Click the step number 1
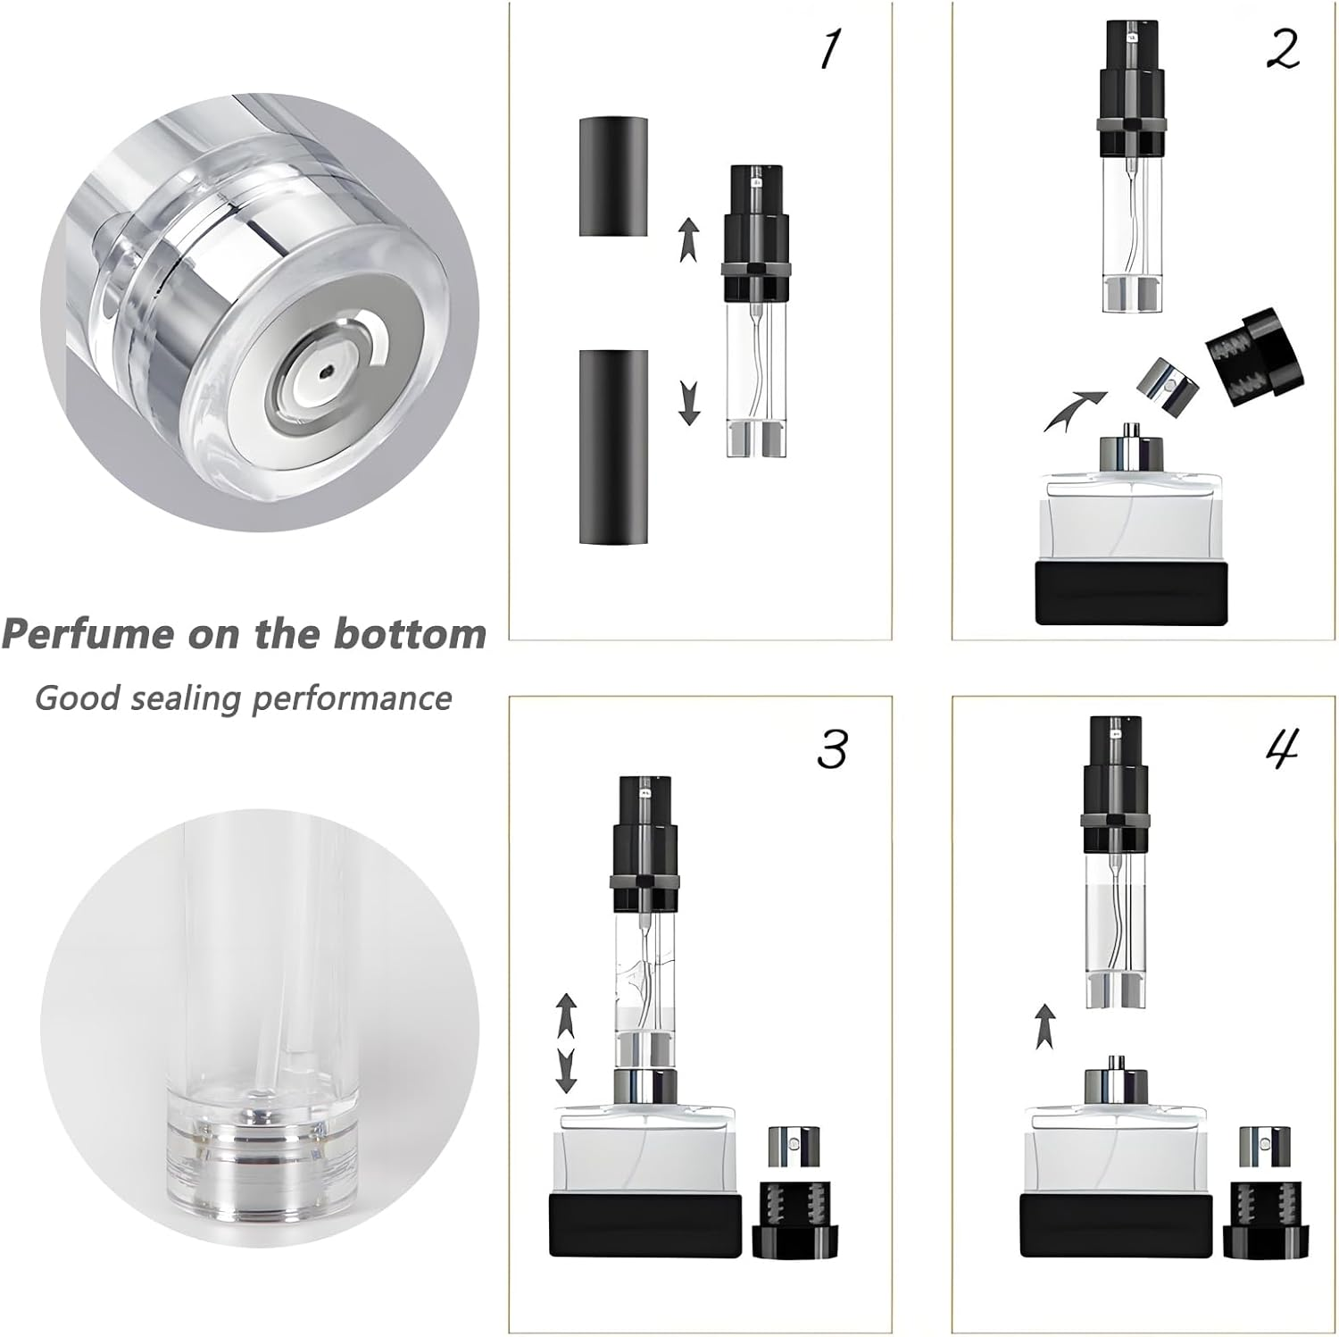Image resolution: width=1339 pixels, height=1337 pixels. tap(830, 49)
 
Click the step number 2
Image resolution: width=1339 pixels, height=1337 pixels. tap(1282, 49)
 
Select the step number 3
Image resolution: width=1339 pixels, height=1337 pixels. tap(831, 748)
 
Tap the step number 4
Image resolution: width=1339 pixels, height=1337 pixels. tap(1282, 747)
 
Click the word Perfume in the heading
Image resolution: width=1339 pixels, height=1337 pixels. tap(87, 634)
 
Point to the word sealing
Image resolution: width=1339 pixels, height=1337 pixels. tap(187, 698)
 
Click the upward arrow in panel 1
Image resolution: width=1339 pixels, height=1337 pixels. tap(688, 238)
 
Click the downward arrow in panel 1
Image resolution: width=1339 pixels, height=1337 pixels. tap(688, 402)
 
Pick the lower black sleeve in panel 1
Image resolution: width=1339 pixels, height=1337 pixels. tap(613, 447)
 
